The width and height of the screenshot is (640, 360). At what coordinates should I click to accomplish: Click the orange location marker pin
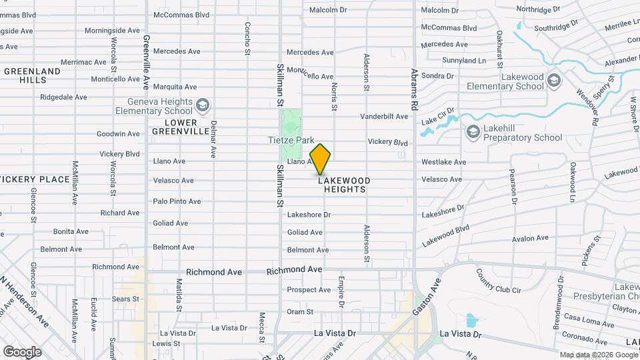pos(321,159)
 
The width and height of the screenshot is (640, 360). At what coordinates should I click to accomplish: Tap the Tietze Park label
pos(291,141)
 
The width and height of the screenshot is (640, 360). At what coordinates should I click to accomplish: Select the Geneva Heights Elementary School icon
pos(203,105)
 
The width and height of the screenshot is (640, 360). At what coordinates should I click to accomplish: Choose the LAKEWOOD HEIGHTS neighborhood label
pos(344,185)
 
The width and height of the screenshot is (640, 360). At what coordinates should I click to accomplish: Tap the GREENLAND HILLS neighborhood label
pos(33,75)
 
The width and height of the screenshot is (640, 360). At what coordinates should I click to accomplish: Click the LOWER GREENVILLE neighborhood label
pos(183,127)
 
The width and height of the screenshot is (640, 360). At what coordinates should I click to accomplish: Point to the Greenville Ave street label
pos(145,63)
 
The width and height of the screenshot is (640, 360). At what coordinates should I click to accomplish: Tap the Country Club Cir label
pos(499,279)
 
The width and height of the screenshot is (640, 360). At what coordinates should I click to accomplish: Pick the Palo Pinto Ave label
pos(177,201)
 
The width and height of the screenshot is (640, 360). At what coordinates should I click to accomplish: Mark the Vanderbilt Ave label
pos(383,117)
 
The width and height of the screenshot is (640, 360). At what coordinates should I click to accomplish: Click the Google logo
pos(22,351)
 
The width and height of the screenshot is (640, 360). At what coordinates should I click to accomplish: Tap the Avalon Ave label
pos(530,238)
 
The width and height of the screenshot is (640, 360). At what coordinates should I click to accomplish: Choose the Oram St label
pos(300,311)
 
